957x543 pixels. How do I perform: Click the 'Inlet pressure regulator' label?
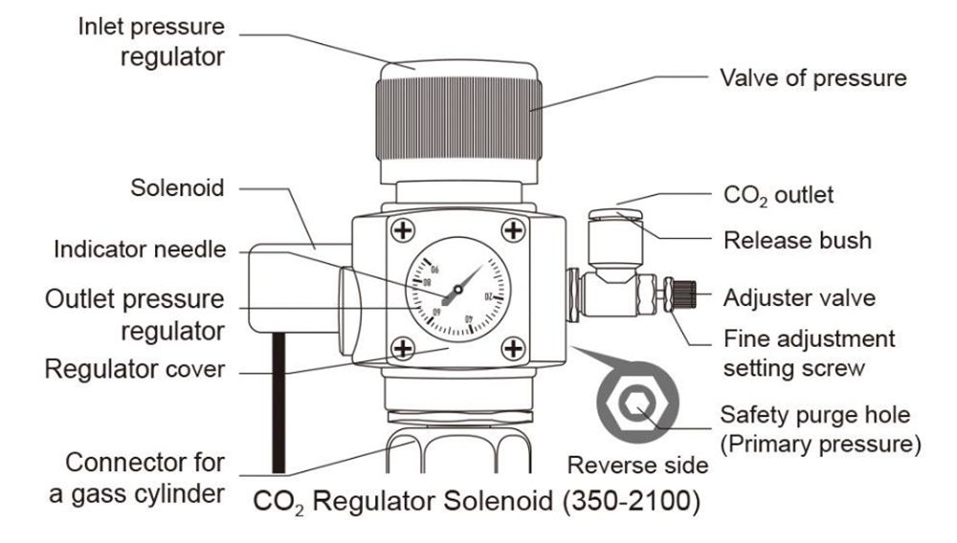click(x=151, y=41)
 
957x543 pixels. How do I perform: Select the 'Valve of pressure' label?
click(x=812, y=77)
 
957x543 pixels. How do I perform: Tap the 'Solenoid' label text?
click(x=177, y=187)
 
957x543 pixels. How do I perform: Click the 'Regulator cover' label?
click(x=135, y=369)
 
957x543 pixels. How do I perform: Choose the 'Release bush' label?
click(x=797, y=239)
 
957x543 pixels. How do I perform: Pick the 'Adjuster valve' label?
click(x=799, y=297)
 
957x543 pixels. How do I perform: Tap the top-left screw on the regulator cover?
click(x=405, y=229)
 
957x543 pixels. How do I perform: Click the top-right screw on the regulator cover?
click(x=515, y=229)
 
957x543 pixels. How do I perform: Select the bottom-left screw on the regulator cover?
click(x=405, y=348)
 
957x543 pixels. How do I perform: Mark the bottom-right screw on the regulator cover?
click(x=515, y=348)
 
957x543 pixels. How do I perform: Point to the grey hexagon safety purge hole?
click(x=635, y=405)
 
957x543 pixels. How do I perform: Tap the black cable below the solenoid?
click(x=278, y=402)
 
